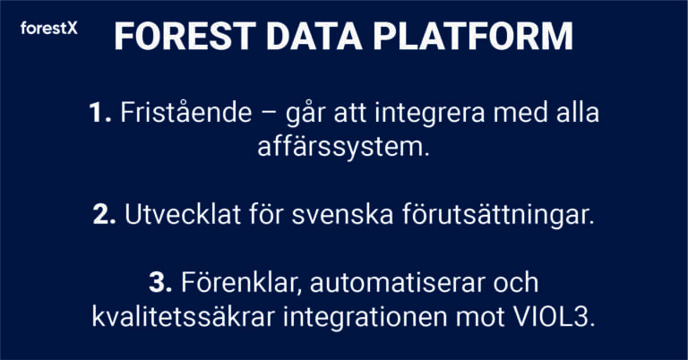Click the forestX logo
point(48,29)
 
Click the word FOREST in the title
point(185,36)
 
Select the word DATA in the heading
point(314,36)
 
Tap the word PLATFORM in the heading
point(473,36)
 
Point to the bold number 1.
point(100,112)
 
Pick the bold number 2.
point(105,214)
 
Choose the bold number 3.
point(160,282)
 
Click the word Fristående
point(186,112)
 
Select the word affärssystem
point(343,149)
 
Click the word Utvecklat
point(183,214)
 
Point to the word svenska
point(342,214)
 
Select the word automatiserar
point(397,283)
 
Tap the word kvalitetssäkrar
point(184,317)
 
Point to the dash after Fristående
point(269,114)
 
